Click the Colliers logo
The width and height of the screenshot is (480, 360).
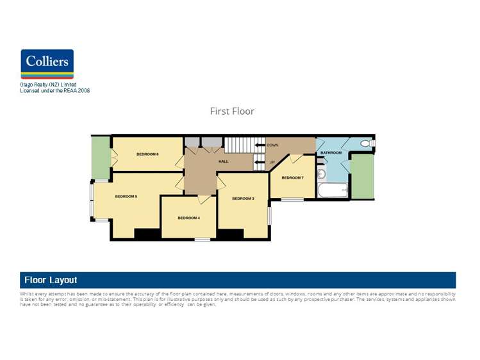[x=47, y=63]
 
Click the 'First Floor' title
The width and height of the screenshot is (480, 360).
[x=232, y=111]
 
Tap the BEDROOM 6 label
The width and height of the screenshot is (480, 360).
[x=147, y=154]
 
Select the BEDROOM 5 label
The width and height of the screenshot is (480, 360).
[x=126, y=196]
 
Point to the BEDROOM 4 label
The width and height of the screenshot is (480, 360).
[x=188, y=218]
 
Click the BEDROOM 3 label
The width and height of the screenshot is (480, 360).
[x=243, y=199]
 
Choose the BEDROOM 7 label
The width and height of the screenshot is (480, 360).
[x=292, y=177]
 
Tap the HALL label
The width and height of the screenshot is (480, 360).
[x=223, y=161]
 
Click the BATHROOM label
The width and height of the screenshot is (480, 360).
[x=331, y=153]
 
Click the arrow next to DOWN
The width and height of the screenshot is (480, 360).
[x=259, y=145]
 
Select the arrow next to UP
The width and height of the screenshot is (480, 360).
[x=259, y=162]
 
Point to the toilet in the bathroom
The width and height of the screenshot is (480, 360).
[x=368, y=143]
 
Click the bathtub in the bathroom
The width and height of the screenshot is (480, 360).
[x=332, y=191]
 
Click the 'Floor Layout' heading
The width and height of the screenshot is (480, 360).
[x=51, y=280]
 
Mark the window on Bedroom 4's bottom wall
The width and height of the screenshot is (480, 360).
[x=203, y=240]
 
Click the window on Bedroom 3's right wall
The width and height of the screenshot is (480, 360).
[x=269, y=216]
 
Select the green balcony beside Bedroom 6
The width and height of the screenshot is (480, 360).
[x=100, y=158]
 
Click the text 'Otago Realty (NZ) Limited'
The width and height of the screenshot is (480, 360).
[x=48, y=85]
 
